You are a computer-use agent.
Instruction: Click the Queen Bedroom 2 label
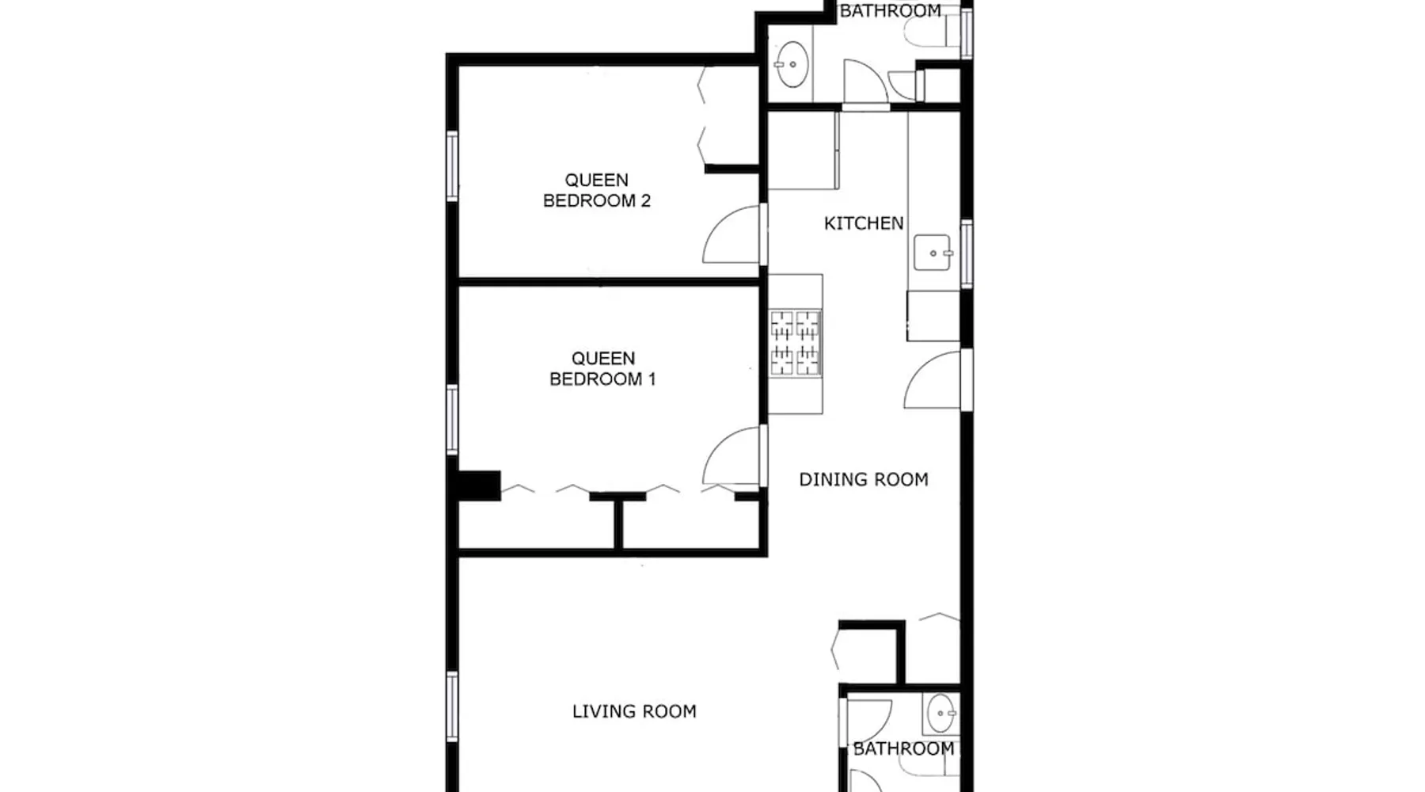click(x=597, y=190)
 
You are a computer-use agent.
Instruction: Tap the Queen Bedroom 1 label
click(x=602, y=368)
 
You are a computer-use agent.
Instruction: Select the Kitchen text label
click(x=864, y=223)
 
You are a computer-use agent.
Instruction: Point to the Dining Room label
click(x=864, y=479)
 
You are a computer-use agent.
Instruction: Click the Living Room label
click(x=634, y=711)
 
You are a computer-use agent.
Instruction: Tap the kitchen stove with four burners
click(x=795, y=342)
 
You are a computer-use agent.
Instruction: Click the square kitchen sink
click(x=933, y=253)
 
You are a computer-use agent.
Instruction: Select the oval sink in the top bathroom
click(x=791, y=63)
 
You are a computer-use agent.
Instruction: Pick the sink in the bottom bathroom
click(x=940, y=714)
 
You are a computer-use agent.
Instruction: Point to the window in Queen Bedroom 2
click(x=452, y=166)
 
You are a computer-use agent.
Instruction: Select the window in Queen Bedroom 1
click(x=452, y=420)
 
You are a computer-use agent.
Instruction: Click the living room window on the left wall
click(x=452, y=706)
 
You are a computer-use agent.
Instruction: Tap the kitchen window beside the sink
click(x=967, y=253)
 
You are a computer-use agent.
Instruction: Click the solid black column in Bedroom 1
click(x=479, y=485)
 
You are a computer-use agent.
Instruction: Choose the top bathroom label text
click(x=890, y=10)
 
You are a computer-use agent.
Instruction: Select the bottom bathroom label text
click(x=903, y=748)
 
